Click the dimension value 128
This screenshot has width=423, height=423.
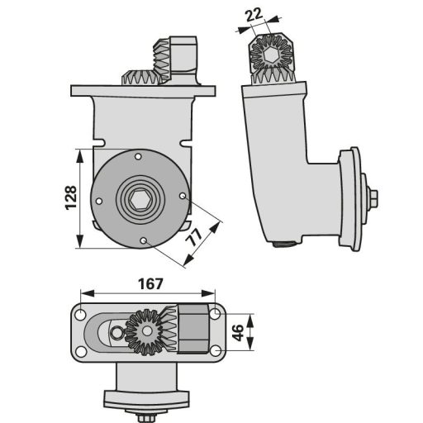tap(71, 198)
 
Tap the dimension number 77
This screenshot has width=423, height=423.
tap(194, 236)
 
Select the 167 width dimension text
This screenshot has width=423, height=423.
tap(150, 284)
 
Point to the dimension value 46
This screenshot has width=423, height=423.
tap(237, 332)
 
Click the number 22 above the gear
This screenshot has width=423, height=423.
tap(254, 15)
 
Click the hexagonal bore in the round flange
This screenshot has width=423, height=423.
tap(140, 199)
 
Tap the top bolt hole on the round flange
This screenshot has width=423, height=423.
tap(138, 157)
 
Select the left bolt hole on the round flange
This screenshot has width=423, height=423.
tap(99, 202)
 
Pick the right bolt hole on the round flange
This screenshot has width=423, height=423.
tap(183, 196)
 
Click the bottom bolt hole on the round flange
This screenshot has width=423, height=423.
tap(143, 240)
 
